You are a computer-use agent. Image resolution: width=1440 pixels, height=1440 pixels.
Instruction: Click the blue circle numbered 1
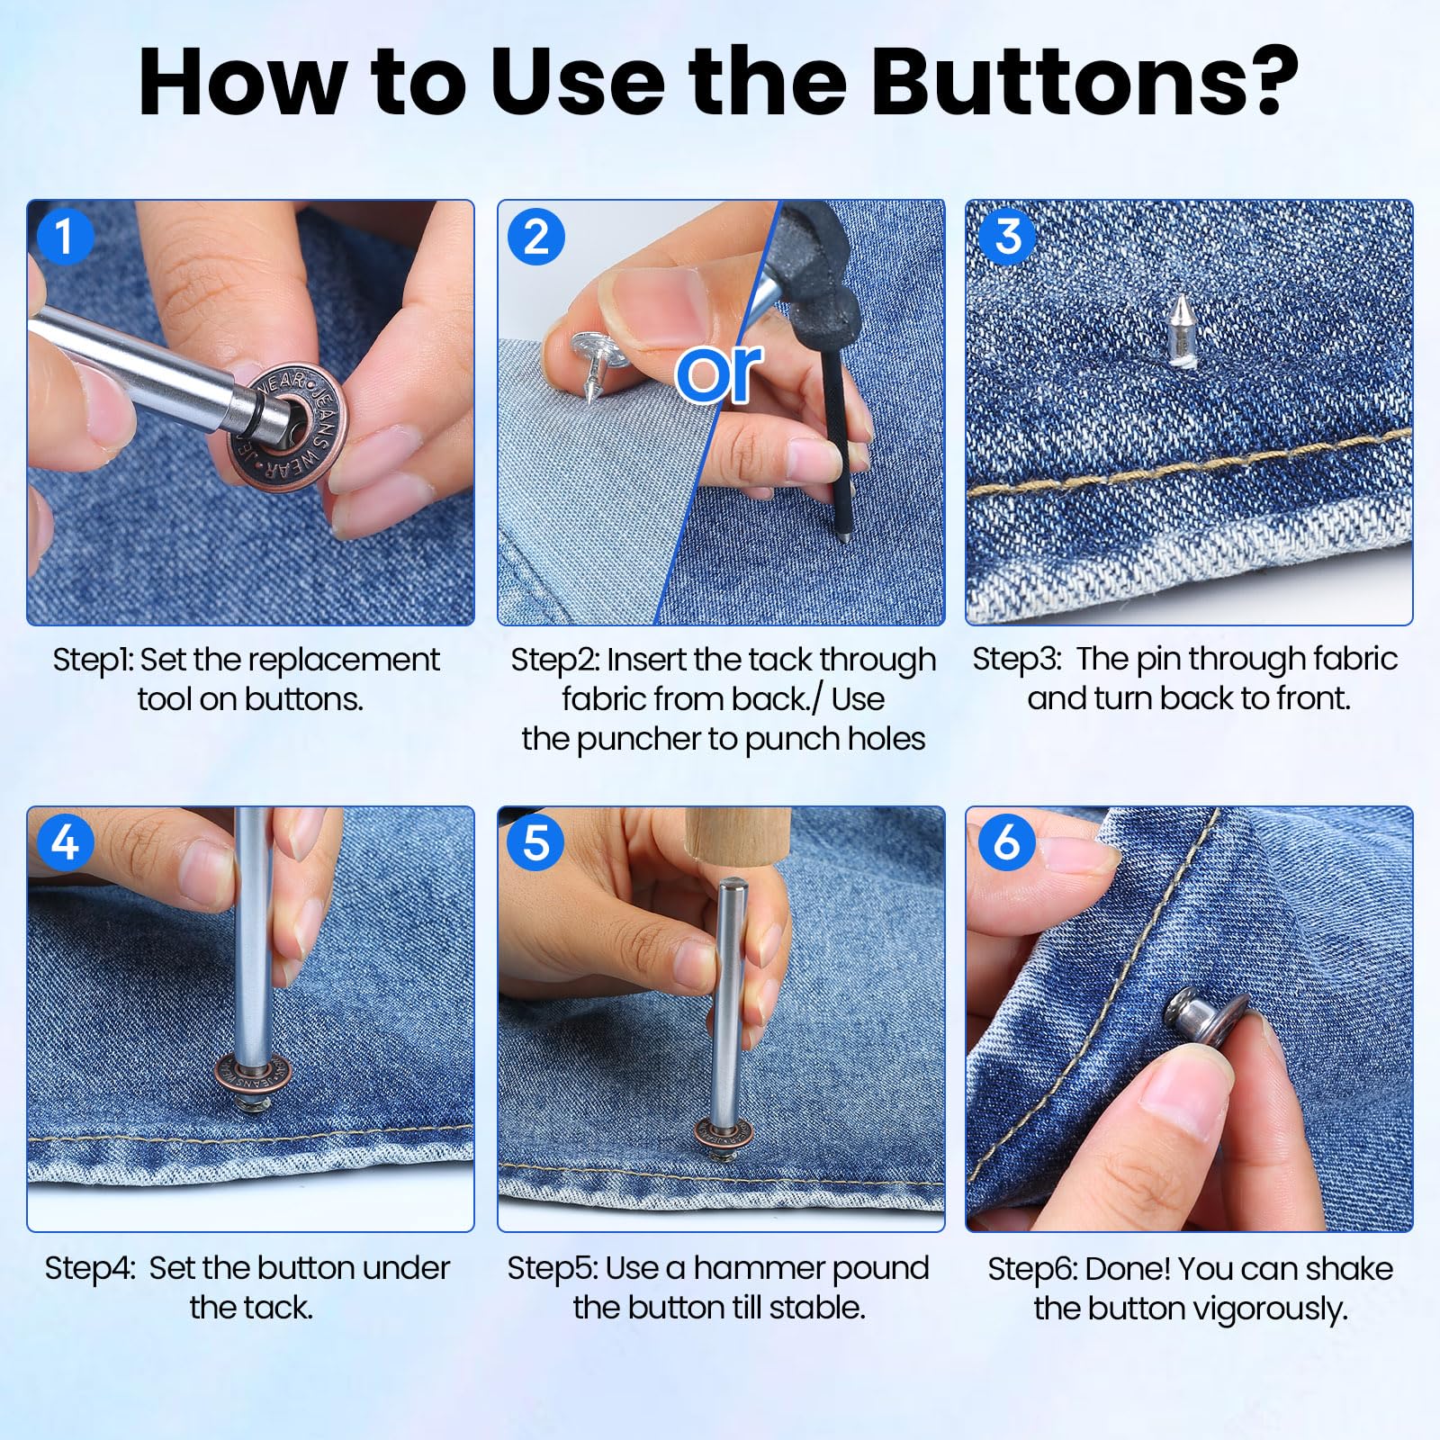[x=64, y=238]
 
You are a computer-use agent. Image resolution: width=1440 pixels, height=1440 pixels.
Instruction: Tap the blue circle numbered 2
[x=535, y=238]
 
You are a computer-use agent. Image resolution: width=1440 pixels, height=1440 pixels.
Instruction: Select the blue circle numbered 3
[x=1007, y=237]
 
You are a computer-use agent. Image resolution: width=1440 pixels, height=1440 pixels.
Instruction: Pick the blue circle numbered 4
[x=64, y=843]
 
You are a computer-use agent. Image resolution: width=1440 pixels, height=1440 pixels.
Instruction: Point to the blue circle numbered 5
[x=535, y=843]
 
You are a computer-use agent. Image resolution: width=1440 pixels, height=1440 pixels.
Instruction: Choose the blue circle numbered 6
[x=1006, y=842]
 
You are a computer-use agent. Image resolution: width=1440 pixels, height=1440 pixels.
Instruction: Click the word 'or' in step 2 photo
[x=719, y=372]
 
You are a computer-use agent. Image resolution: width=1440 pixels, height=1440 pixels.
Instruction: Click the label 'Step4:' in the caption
[x=91, y=1269]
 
